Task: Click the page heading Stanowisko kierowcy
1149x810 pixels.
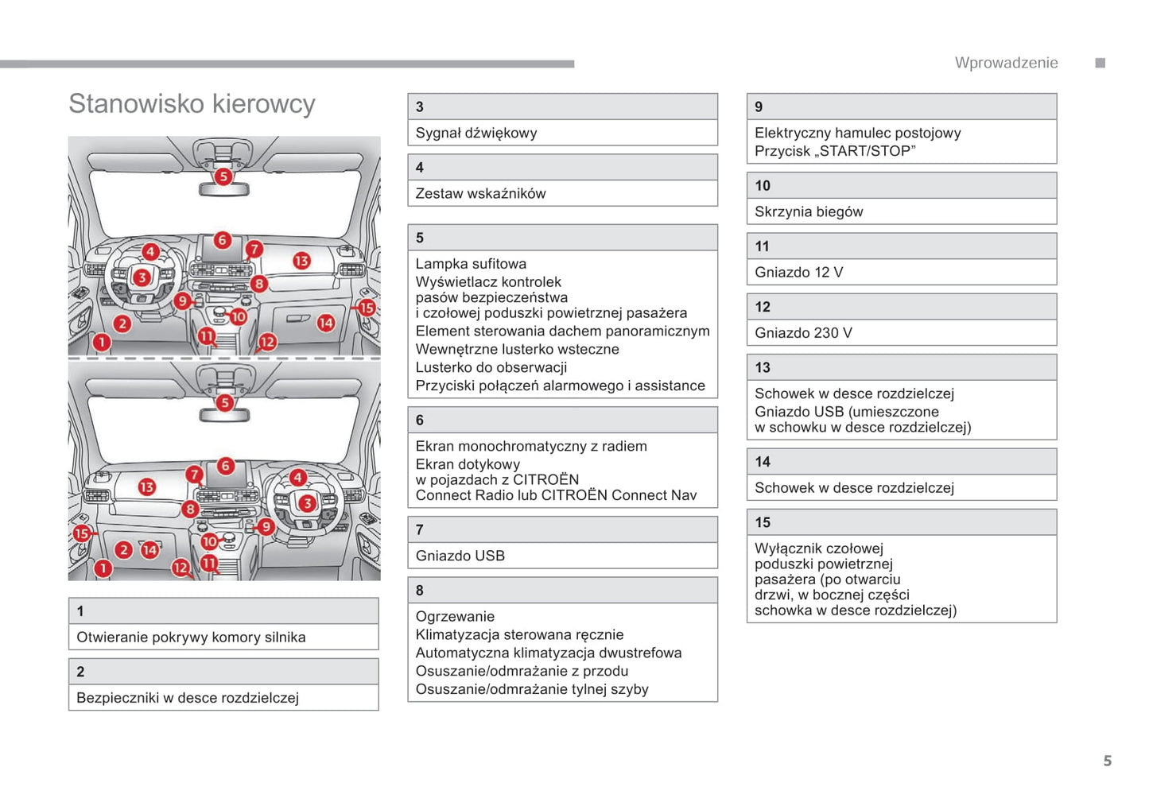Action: (192, 104)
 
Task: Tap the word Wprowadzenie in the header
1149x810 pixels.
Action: (1006, 63)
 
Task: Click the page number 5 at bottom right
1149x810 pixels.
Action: (1107, 761)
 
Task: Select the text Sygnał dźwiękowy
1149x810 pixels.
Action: (476, 133)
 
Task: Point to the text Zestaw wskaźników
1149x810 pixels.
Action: (480, 193)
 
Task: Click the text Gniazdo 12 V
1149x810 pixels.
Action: (798, 272)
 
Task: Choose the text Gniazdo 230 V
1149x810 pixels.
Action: (803, 332)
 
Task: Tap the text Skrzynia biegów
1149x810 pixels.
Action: (808, 211)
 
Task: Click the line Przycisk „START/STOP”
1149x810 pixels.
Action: (835, 151)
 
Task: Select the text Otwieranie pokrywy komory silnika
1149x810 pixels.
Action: (191, 637)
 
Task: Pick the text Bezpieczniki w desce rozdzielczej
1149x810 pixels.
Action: (188, 697)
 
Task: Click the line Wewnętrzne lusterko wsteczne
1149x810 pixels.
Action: (517, 349)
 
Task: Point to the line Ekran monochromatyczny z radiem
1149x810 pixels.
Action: (531, 446)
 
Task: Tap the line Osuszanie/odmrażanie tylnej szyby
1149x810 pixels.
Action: (532, 689)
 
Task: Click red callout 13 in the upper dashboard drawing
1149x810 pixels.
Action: (301, 261)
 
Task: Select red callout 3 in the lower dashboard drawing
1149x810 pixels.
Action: (307, 503)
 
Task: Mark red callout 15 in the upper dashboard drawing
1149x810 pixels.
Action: (366, 308)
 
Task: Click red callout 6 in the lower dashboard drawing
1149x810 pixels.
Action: (226, 466)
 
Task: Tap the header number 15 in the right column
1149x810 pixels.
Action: (763, 522)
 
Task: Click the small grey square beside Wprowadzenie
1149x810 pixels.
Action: (1100, 63)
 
